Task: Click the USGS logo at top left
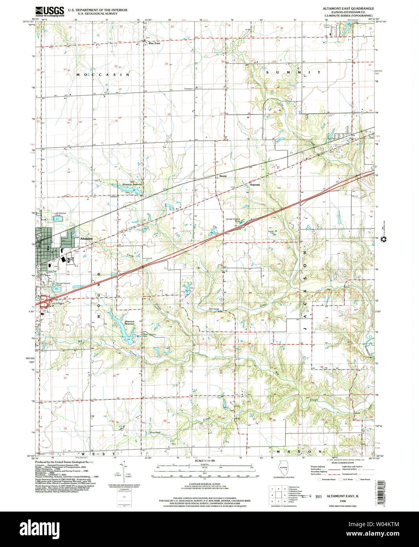[x=50, y=11]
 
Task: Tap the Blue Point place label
[x=154, y=43]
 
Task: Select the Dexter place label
[x=223, y=176]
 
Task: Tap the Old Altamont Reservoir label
[x=132, y=183]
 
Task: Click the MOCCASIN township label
[x=103, y=74]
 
